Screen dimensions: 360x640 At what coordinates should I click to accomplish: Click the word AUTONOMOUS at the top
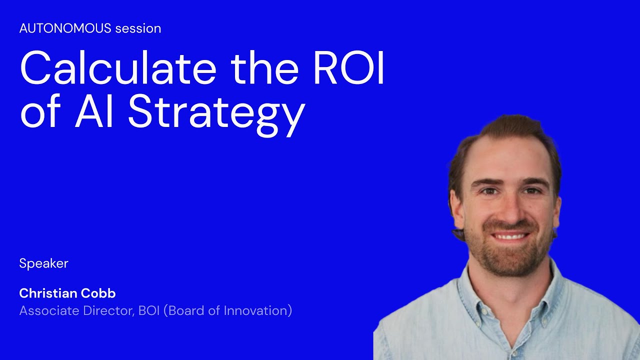click(x=65, y=28)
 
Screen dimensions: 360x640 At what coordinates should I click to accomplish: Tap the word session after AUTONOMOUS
click(x=138, y=28)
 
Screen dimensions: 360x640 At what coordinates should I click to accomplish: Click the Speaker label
click(x=43, y=263)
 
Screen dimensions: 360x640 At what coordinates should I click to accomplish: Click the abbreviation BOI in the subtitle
click(x=149, y=310)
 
